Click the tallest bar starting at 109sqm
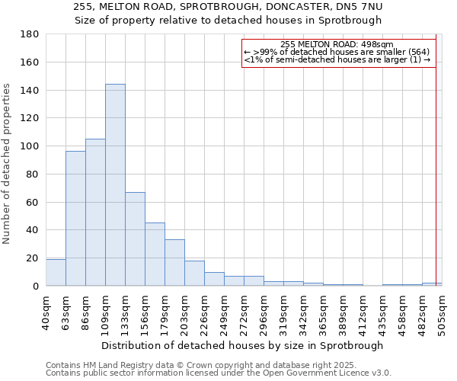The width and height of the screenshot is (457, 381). pyautogui.click(x=115, y=185)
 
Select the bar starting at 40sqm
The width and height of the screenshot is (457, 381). pyautogui.click(x=56, y=273)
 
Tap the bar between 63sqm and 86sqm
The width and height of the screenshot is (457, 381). pyautogui.click(x=75, y=219)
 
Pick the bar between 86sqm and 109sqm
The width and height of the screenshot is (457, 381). pyautogui.click(x=95, y=213)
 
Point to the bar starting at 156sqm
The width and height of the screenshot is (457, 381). pyautogui.click(x=155, y=255)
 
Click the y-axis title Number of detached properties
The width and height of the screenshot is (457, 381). pyautogui.click(x=7, y=164)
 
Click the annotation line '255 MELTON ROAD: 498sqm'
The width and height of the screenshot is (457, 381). pyautogui.click(x=337, y=44)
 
